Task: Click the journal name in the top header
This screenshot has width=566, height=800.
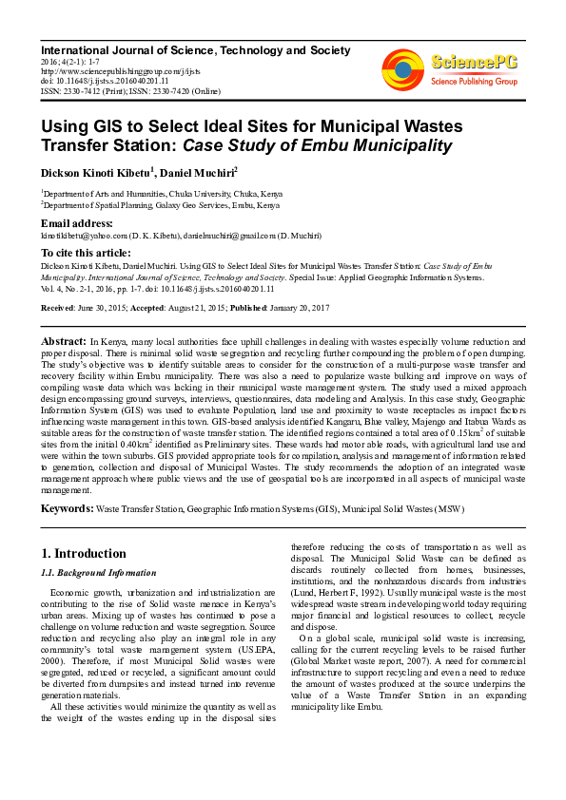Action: (x=188, y=48)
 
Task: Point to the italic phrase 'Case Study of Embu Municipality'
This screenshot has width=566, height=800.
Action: (x=318, y=145)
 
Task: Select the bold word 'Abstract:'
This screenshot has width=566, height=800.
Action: (x=64, y=340)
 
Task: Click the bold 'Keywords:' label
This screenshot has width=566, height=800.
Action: (x=67, y=509)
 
